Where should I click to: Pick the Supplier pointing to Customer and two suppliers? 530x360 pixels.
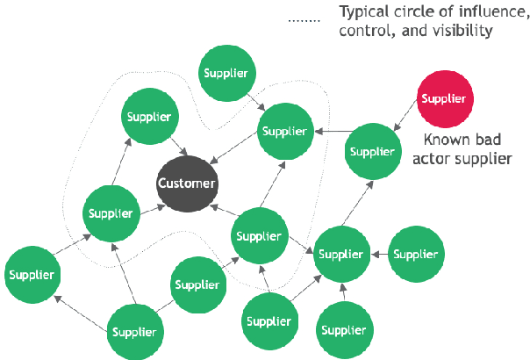coord(259,236)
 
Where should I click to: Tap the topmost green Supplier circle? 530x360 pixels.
coord(225,72)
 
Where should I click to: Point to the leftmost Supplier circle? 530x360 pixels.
coord(32,275)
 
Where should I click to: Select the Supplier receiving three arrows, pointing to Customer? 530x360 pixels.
coord(285,132)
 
